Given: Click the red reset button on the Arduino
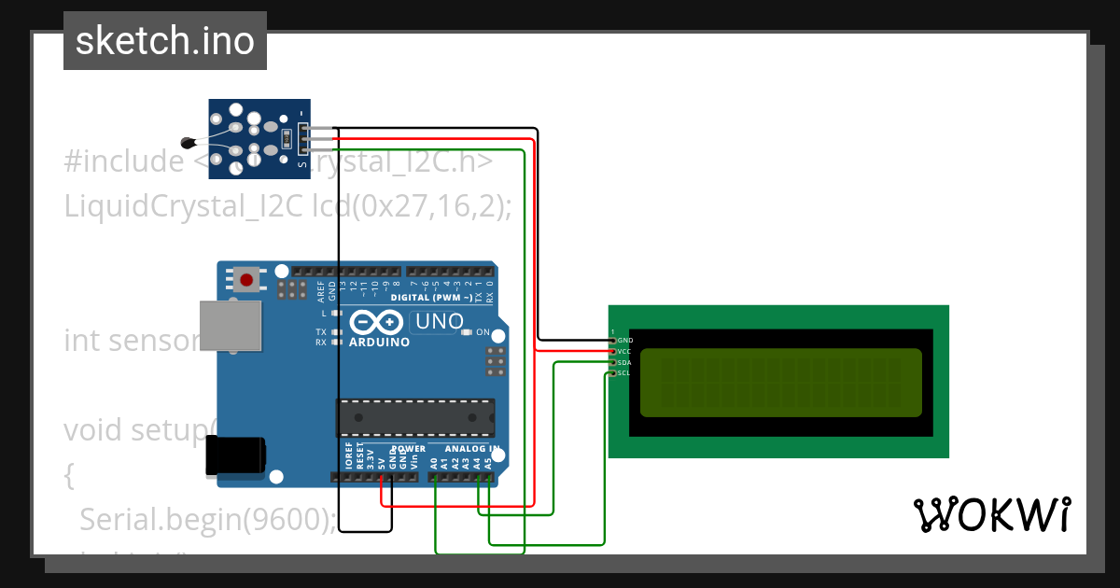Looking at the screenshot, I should (x=247, y=279).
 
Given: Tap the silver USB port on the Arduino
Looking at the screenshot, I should (x=230, y=326).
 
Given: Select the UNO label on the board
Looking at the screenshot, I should (x=438, y=322).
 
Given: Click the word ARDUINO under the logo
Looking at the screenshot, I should (x=379, y=343).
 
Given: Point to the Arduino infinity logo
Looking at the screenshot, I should (x=376, y=323).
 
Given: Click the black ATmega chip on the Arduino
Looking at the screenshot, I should (x=416, y=417).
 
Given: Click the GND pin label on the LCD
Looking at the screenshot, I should (x=625, y=341).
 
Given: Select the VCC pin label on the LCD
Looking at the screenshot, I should (x=625, y=352).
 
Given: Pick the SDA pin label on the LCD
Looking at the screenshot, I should (x=625, y=362).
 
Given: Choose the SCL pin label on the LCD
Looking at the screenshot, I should (x=625, y=373).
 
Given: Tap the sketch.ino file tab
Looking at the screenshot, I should (x=165, y=41).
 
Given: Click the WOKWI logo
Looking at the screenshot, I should (x=992, y=514).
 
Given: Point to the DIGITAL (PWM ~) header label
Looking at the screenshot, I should (x=430, y=298).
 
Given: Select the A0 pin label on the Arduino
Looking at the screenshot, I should (x=433, y=462).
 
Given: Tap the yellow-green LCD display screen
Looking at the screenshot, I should (x=781, y=382).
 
